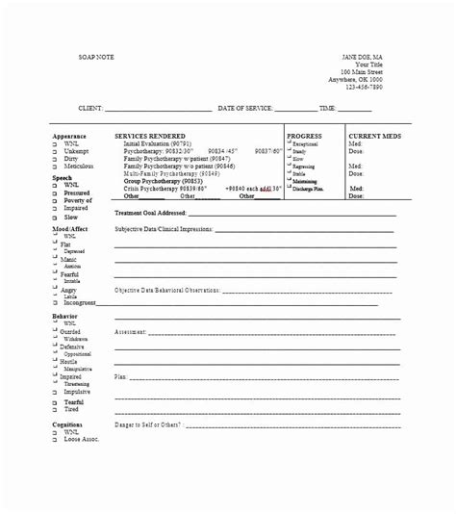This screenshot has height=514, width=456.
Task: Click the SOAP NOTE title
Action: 97,58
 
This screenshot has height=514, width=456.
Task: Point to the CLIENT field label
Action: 89,109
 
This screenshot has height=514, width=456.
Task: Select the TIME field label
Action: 327,109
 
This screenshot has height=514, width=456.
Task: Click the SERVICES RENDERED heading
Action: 150,137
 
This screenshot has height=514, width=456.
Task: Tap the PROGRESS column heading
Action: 304,137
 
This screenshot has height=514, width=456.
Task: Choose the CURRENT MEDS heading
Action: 374,137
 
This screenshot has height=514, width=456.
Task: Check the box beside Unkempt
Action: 55,152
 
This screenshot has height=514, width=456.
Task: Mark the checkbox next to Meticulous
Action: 55,167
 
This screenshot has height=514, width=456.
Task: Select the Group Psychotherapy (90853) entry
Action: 163,181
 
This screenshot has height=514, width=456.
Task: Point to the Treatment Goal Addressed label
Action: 150,213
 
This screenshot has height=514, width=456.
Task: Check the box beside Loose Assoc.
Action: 55,440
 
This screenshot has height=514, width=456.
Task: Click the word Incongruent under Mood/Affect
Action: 80,302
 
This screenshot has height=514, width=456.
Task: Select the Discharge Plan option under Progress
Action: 309,188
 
